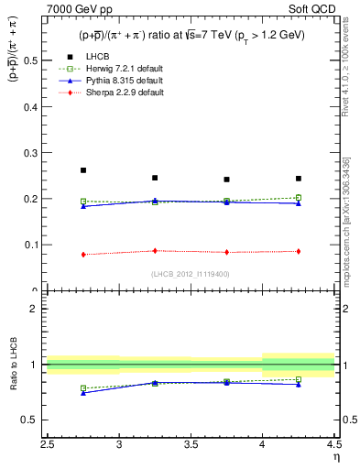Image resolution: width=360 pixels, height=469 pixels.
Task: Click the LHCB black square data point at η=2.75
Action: [83, 170]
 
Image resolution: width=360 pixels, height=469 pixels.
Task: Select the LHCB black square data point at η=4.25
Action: [299, 179]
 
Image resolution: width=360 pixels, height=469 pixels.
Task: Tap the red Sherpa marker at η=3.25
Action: [155, 250]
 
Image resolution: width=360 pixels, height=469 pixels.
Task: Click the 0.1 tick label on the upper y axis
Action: [35, 245]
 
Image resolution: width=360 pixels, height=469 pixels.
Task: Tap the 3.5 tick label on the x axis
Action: [191, 447]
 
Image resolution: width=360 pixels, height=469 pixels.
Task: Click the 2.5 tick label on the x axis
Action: [48, 447]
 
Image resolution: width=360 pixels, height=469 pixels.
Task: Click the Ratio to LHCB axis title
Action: [14, 365]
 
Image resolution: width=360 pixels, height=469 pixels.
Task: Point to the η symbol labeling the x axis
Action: [336, 457]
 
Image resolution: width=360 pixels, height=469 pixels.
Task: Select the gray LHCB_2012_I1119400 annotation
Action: [191, 274]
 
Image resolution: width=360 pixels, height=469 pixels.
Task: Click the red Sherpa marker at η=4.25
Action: [299, 251]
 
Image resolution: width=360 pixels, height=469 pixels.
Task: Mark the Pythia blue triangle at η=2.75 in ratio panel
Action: [83, 392]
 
